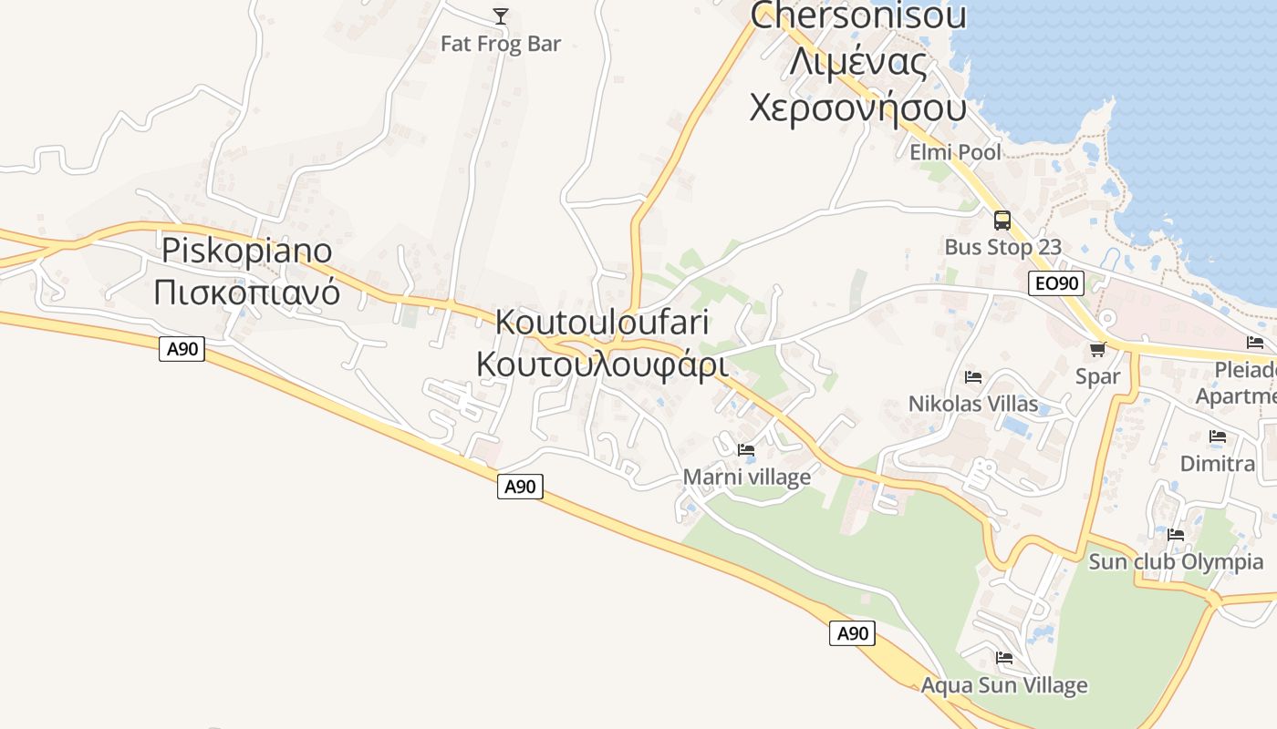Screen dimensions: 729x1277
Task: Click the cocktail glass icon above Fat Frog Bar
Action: (501, 15)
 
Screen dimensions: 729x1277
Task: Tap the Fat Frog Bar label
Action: (501, 43)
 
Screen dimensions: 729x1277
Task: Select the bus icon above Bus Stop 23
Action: (1002, 220)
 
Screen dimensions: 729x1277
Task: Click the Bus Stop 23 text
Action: (1002, 247)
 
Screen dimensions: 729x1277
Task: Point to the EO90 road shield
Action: (1057, 283)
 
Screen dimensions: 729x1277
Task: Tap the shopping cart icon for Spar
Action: (1098, 349)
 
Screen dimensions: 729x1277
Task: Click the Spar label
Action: (1097, 376)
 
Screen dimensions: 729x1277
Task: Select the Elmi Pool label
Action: (955, 152)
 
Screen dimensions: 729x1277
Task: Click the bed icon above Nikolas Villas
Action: (973, 376)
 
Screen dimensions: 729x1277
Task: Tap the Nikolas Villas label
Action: (973, 404)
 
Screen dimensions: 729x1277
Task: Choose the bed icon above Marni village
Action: (746, 449)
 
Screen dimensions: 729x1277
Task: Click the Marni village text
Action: (746, 477)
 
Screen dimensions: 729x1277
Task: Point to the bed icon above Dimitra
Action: (1218, 436)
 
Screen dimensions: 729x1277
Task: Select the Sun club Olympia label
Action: (1176, 561)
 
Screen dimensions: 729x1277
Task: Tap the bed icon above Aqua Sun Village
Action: (1004, 657)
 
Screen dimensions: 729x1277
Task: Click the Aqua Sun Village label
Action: (1004, 684)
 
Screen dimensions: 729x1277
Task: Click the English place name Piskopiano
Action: (246, 250)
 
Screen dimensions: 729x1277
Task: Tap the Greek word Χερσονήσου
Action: (857, 108)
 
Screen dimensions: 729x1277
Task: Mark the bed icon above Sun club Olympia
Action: (1176, 535)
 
